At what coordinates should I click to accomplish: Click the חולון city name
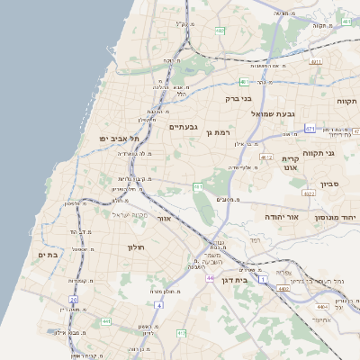(x=136, y=247)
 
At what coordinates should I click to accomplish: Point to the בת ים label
(x=47, y=255)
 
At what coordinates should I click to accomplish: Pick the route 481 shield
(x=315, y=61)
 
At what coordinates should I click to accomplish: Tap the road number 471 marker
(x=310, y=129)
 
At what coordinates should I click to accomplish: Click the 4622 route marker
(x=309, y=193)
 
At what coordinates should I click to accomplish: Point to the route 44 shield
(x=210, y=279)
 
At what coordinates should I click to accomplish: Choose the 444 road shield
(x=106, y=321)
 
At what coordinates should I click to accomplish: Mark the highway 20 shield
(x=73, y=300)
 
